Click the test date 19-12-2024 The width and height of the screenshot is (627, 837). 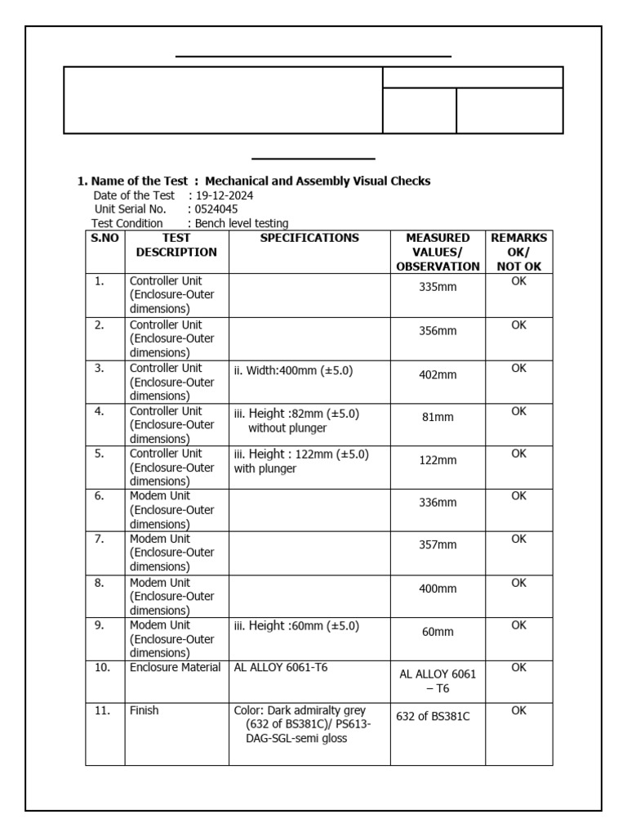(223, 195)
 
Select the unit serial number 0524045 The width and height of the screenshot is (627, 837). (216, 209)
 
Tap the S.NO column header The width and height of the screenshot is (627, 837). (104, 238)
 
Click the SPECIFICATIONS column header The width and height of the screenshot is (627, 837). (309, 238)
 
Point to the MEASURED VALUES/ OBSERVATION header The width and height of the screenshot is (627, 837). (438, 252)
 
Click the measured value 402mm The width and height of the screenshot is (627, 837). (438, 374)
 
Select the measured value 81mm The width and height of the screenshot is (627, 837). (438, 417)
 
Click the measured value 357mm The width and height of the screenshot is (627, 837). (438, 546)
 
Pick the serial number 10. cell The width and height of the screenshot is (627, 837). (102, 668)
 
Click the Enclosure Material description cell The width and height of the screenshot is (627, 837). (175, 668)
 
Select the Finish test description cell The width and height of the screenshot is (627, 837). (145, 711)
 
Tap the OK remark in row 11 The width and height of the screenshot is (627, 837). (518, 711)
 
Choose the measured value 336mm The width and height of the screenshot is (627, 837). (438, 503)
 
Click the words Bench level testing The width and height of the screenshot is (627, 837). (242, 223)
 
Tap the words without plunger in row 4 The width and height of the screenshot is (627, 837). (287, 427)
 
